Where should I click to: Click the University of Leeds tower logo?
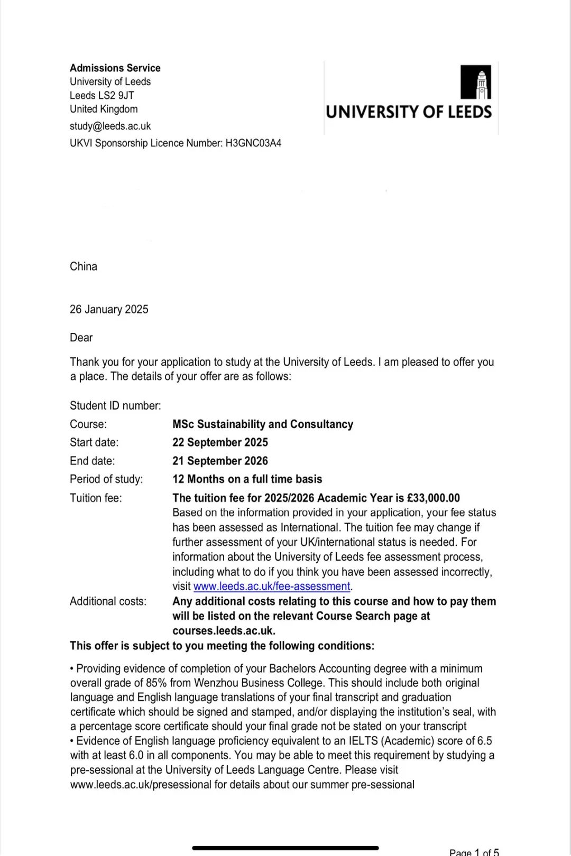click(x=475, y=82)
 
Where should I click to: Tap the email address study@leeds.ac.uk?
click(x=110, y=126)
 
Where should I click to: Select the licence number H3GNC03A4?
click(x=253, y=143)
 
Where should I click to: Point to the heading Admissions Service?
click(x=115, y=68)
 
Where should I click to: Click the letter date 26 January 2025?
click(x=109, y=310)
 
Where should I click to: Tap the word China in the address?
click(x=84, y=266)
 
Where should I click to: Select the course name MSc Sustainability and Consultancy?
click(x=262, y=424)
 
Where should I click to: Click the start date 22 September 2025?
click(x=220, y=442)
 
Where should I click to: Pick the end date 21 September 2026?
click(x=220, y=461)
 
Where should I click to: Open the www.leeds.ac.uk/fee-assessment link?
click(x=272, y=587)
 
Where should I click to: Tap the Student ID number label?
click(x=115, y=406)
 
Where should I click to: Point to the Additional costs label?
click(x=108, y=601)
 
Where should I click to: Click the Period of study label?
click(x=106, y=479)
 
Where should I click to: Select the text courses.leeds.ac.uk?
click(x=223, y=631)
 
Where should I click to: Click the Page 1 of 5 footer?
click(x=474, y=852)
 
